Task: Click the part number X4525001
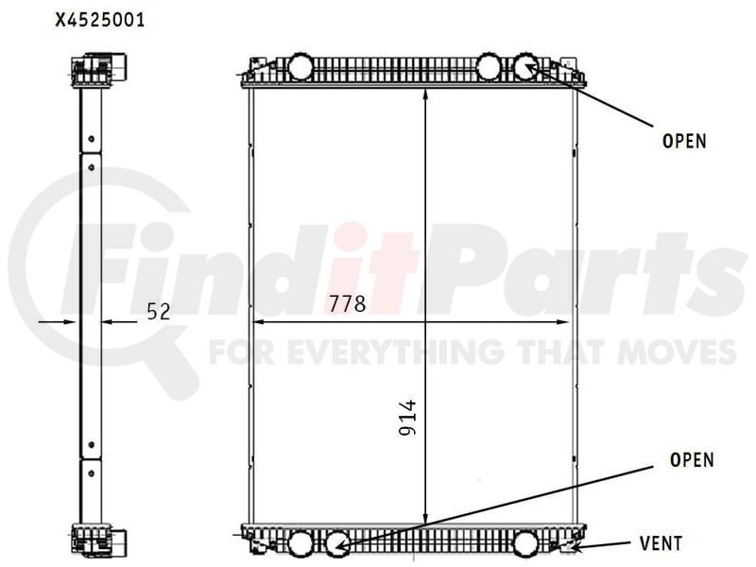tap(100, 21)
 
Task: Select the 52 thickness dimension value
tap(159, 312)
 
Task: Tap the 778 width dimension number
tap(347, 303)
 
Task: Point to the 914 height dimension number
tap(407, 418)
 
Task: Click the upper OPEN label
tap(684, 141)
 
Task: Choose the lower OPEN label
tap(692, 460)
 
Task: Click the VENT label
tap(661, 543)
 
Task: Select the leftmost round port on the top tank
tap(300, 66)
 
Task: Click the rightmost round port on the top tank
tap(525, 66)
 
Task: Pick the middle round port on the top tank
tap(489, 66)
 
